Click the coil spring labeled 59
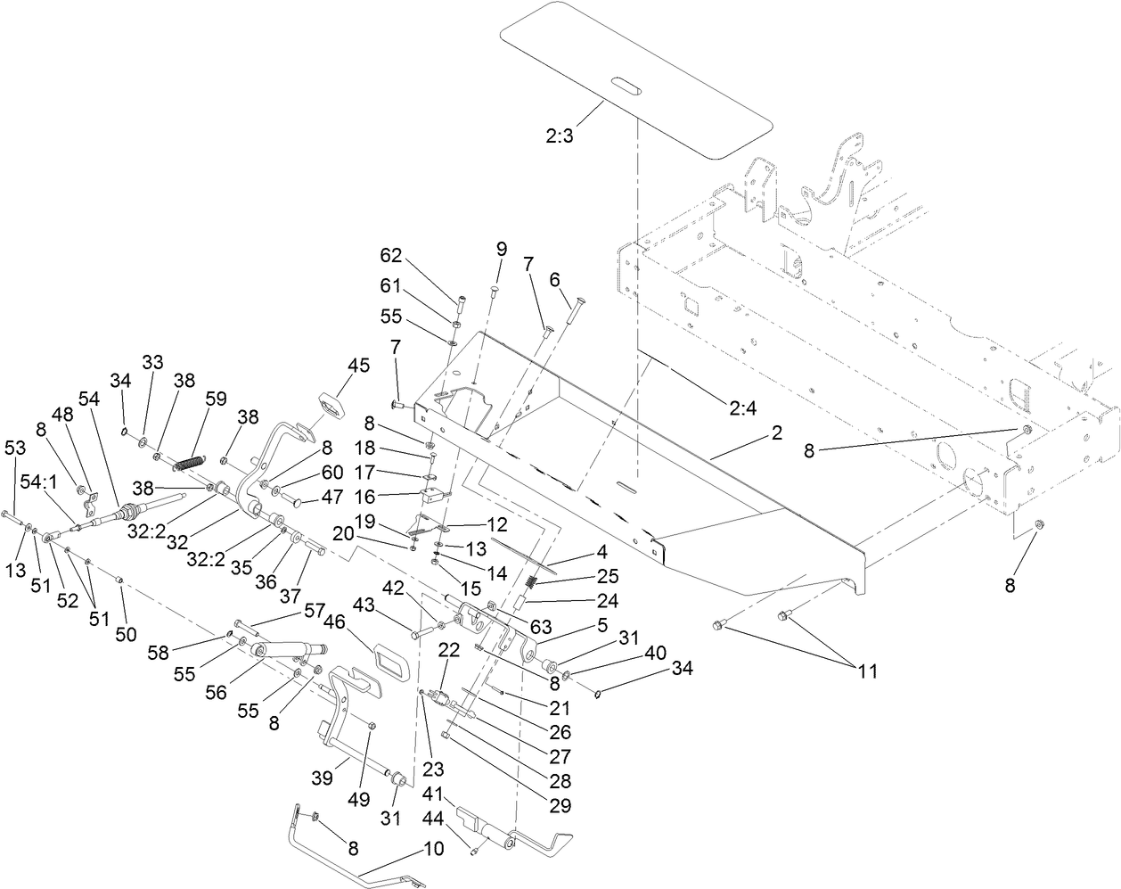point(189,465)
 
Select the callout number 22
point(449,651)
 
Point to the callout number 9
point(501,249)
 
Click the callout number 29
point(559,804)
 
